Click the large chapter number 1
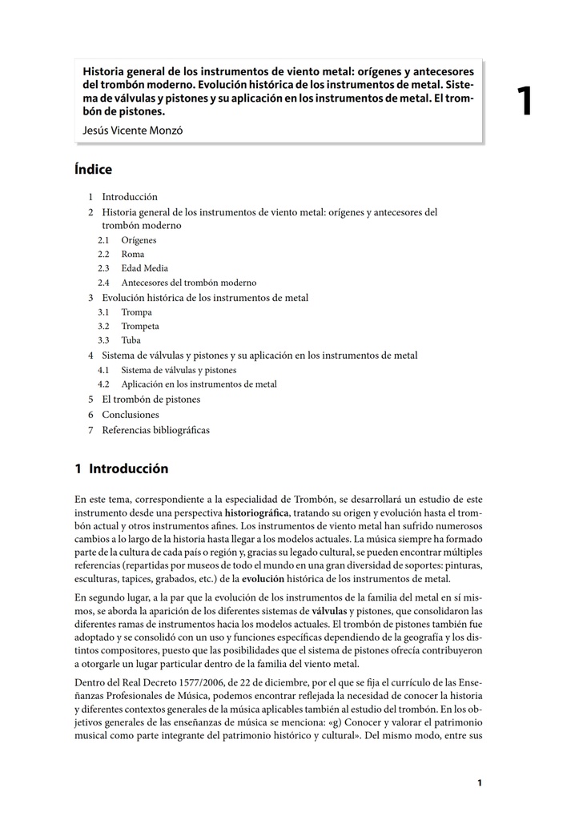[x=525, y=102]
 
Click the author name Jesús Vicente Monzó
[x=132, y=130]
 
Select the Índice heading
[x=93, y=170]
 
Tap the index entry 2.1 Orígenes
[x=139, y=240]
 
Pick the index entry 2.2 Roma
[x=133, y=255]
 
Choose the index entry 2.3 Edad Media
[x=144, y=269]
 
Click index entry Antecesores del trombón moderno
[x=188, y=283]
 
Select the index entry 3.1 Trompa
[x=136, y=312]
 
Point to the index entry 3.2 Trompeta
[x=140, y=327]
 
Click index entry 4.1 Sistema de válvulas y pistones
[x=179, y=370]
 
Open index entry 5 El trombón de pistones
[x=151, y=399]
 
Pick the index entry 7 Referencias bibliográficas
[x=155, y=430]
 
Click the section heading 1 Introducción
[x=121, y=468]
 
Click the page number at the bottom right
[x=479, y=783]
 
